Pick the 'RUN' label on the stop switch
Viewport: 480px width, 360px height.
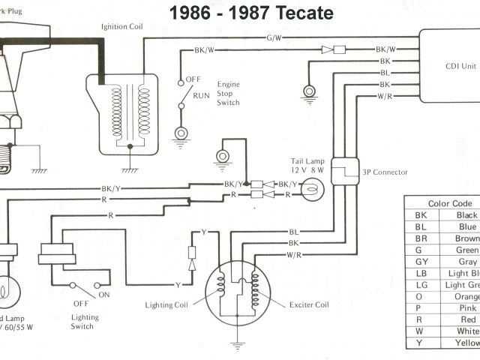click(202, 96)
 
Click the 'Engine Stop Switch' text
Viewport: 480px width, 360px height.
click(229, 94)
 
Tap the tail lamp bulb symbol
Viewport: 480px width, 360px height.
click(308, 189)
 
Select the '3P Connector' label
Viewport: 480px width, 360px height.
click(385, 172)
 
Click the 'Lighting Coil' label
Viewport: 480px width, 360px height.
click(166, 284)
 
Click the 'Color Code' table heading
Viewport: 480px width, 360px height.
click(450, 203)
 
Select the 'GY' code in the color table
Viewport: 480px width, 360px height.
click(421, 262)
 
